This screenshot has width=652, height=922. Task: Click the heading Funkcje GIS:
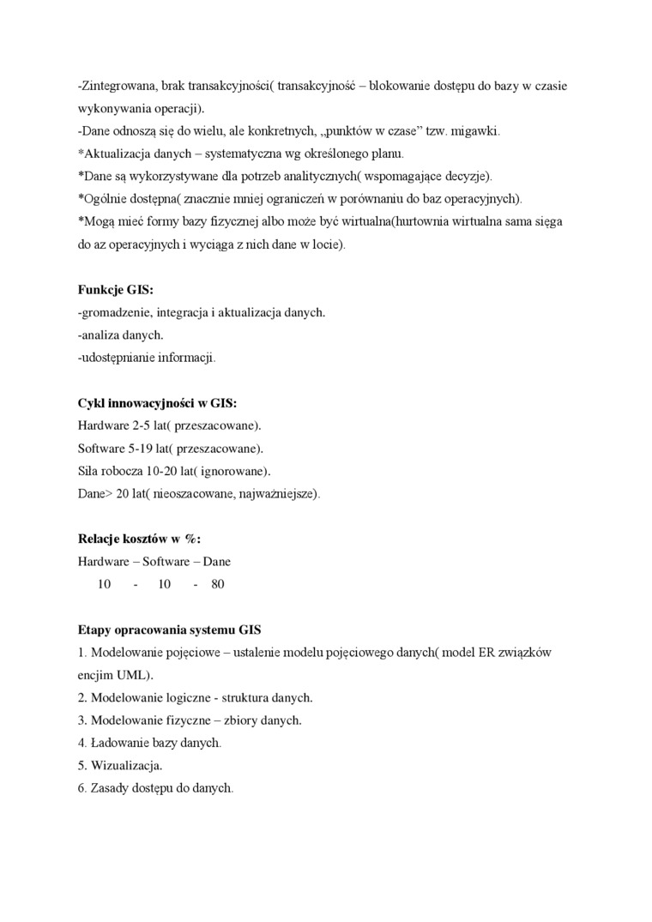point(115,291)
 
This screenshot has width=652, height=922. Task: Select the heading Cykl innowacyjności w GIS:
point(157,403)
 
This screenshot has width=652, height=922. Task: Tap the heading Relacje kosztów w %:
point(138,539)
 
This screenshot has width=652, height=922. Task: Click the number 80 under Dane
point(217,584)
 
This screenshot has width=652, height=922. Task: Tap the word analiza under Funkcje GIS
point(100,335)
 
